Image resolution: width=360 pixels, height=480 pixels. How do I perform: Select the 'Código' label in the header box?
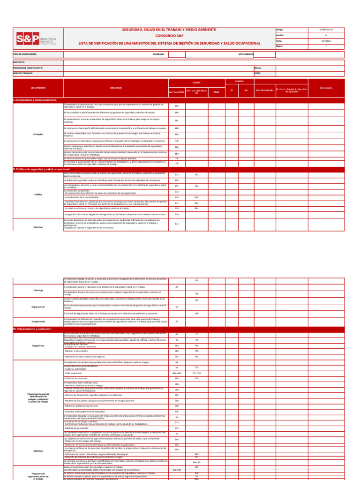click(x=280, y=30)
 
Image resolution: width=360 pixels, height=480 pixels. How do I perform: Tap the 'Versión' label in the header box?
click(x=280, y=35)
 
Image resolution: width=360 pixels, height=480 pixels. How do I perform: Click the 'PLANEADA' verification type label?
click(x=158, y=54)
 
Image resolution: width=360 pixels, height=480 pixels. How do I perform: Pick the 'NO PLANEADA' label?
click(x=246, y=54)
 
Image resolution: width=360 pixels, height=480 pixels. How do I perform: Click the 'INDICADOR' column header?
click(x=116, y=88)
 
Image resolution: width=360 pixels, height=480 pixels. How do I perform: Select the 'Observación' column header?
click(x=326, y=88)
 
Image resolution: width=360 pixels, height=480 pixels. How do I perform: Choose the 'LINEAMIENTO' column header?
click(x=38, y=88)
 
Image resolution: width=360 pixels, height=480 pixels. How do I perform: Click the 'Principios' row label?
click(x=38, y=135)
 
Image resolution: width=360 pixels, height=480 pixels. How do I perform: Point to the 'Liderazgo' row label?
click(x=38, y=290)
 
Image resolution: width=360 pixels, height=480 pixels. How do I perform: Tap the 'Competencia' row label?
click(x=38, y=322)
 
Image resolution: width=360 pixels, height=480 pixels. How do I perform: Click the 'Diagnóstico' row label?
click(x=38, y=345)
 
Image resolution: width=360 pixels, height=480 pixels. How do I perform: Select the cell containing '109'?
click(x=196, y=313)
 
